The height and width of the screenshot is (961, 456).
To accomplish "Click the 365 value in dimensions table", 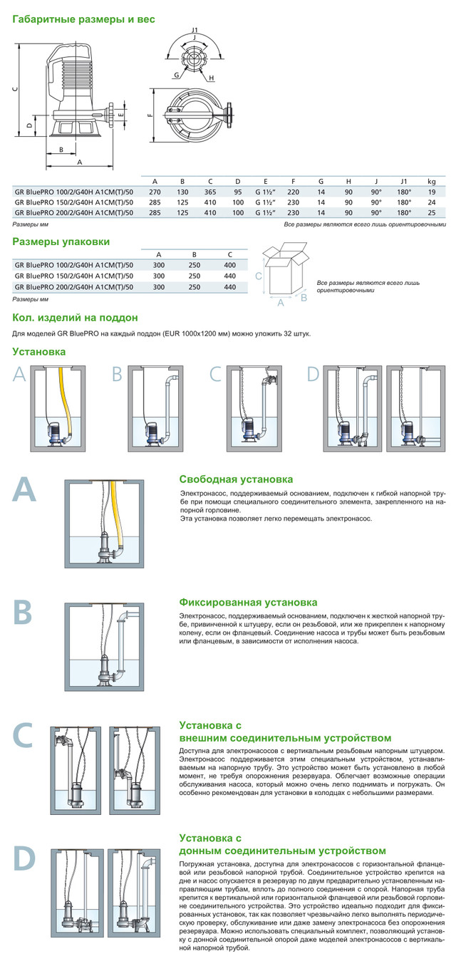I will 211,192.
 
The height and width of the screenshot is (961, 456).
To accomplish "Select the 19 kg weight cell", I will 431,192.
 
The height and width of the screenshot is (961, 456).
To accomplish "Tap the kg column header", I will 431,181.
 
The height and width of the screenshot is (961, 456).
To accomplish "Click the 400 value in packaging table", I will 229,264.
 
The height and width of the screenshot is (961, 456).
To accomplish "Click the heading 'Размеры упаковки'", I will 61,241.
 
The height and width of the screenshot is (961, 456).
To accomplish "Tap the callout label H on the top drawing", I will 212,77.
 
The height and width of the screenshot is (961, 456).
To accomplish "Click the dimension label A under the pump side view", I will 79,162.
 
